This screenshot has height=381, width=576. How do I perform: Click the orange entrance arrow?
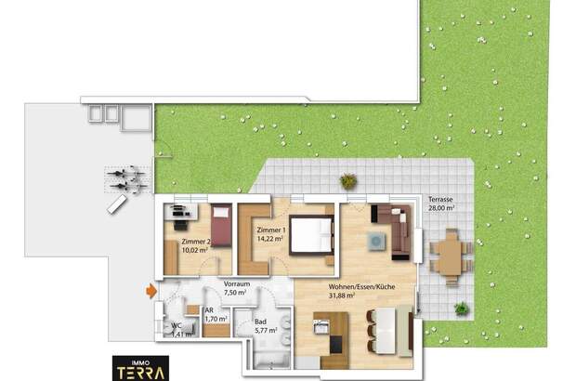pyautogui.click(x=151, y=291)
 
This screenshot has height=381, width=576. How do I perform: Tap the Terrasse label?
pyautogui.click(x=440, y=200)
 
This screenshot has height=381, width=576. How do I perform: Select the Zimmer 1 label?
pyautogui.click(x=271, y=230)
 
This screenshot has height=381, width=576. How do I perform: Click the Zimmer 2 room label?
pyautogui.click(x=196, y=242)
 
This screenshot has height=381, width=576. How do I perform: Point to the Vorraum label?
pyautogui.click(x=237, y=284)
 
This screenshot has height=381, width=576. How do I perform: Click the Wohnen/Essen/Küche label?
pyautogui.click(x=361, y=286)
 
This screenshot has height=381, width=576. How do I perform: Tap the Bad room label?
pyautogui.click(x=260, y=322)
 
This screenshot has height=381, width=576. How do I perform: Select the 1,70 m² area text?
pyautogui.click(x=216, y=319)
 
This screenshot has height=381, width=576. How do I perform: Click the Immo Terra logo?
pyautogui.click(x=140, y=368)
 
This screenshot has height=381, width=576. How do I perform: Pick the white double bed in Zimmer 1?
pyautogui.click(x=311, y=235)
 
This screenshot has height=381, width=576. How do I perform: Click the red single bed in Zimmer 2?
pyautogui.click(x=221, y=225)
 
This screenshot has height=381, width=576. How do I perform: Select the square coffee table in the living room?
pyautogui.click(x=377, y=242)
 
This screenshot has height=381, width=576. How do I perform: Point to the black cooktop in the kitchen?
pyautogui.click(x=335, y=344)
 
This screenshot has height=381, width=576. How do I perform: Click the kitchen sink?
pyautogui.click(x=321, y=326)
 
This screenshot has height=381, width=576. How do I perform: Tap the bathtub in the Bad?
pyautogui.click(x=271, y=360)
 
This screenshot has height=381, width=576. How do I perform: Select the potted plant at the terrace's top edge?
pyautogui.click(x=348, y=181)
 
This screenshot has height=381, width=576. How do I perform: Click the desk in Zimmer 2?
pyautogui.click(x=181, y=213)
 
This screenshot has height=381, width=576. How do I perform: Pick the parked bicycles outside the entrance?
pyautogui.click(x=127, y=179)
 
